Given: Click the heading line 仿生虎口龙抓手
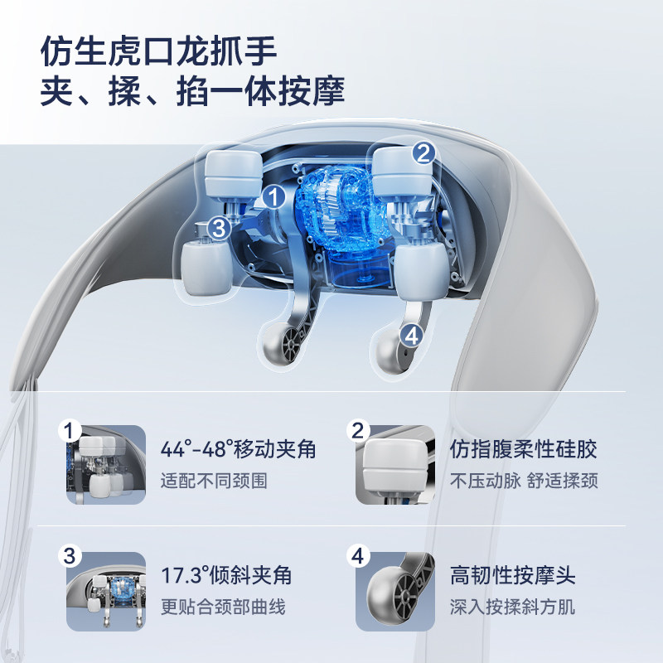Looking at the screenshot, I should click(157, 51).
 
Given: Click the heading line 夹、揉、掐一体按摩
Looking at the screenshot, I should click(192, 90).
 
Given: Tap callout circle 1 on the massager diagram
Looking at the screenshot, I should click(273, 196).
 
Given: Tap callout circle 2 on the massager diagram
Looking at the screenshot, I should click(423, 152).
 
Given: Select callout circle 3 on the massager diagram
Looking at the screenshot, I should click(218, 227).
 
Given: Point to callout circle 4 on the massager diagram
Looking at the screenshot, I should click(411, 334).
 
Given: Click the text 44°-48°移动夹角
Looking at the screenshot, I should click(238, 450).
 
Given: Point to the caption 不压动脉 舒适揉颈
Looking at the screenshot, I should click(523, 481).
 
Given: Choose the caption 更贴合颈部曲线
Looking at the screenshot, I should click(223, 606).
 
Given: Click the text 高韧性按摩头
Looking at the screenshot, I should click(512, 575).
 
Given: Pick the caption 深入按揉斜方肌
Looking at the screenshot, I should click(512, 606).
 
